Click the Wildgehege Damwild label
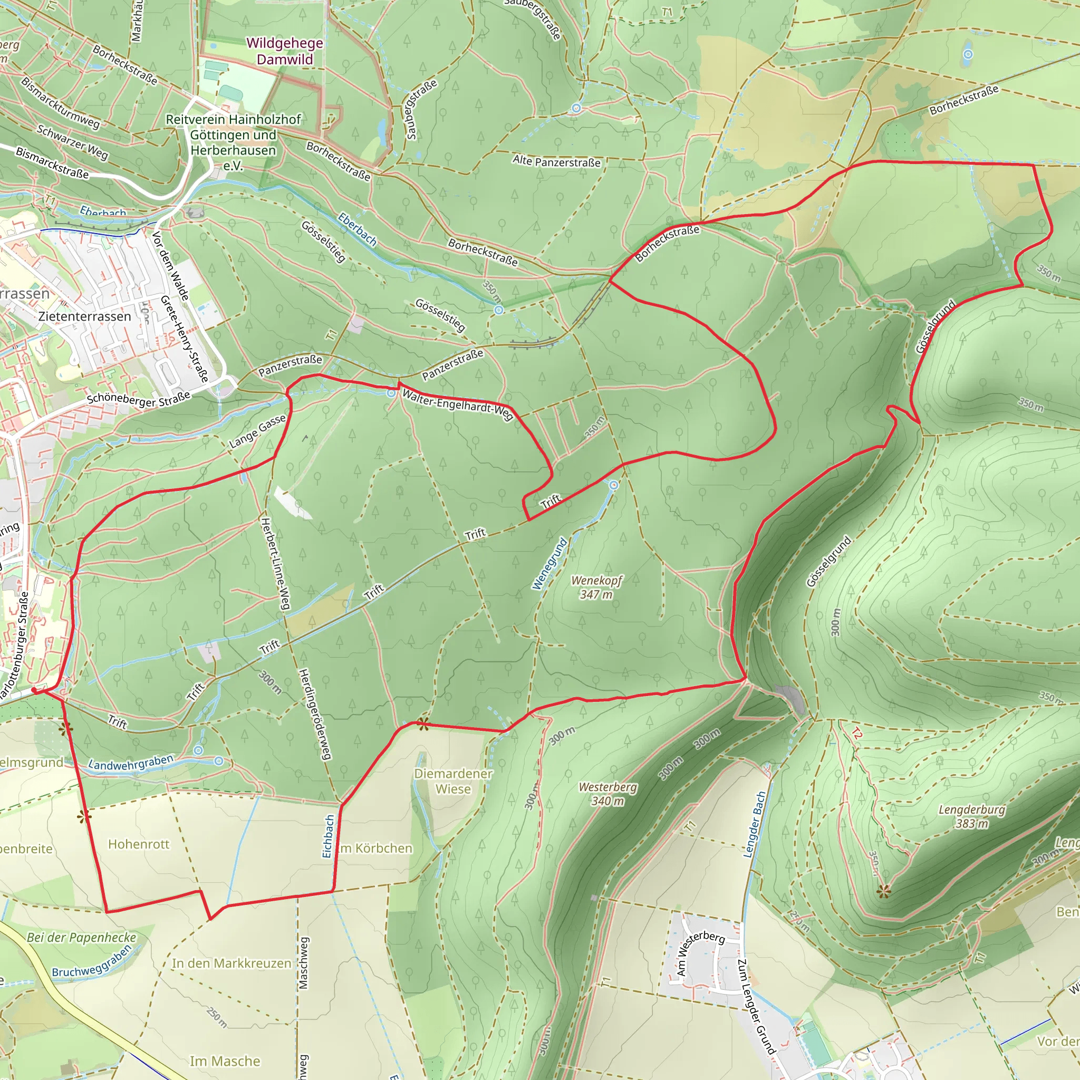point(285,51)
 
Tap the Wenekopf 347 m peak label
point(596,587)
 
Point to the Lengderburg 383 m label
point(971,816)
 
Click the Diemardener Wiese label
point(453,781)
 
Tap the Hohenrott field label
point(139,844)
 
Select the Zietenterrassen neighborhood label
point(84,316)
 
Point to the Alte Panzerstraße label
point(556,161)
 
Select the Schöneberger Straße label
point(139,399)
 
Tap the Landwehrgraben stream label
point(131,763)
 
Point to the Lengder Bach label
point(754,825)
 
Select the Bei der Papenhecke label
point(82,938)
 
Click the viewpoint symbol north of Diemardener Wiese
point(423,725)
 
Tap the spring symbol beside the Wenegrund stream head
point(613,485)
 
